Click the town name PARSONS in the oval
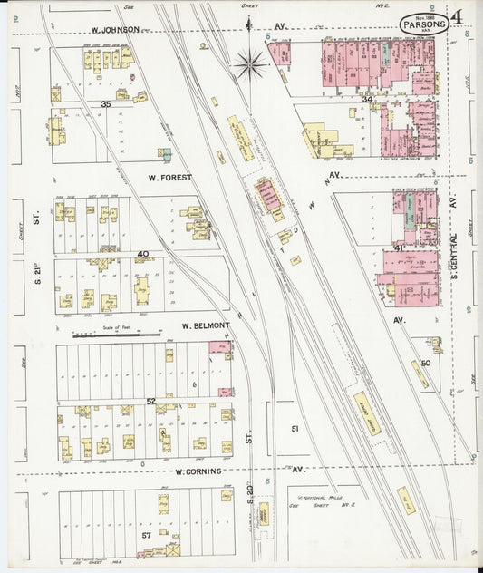click(x=423, y=25)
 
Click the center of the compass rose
click(x=250, y=63)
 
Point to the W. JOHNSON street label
click(x=114, y=30)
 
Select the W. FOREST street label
click(x=165, y=178)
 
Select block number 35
click(x=106, y=104)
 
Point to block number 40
click(x=142, y=254)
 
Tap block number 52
click(x=151, y=401)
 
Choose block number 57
click(x=145, y=536)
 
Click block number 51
click(x=294, y=427)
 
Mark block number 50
click(x=425, y=364)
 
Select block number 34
click(x=367, y=97)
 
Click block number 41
click(x=399, y=248)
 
